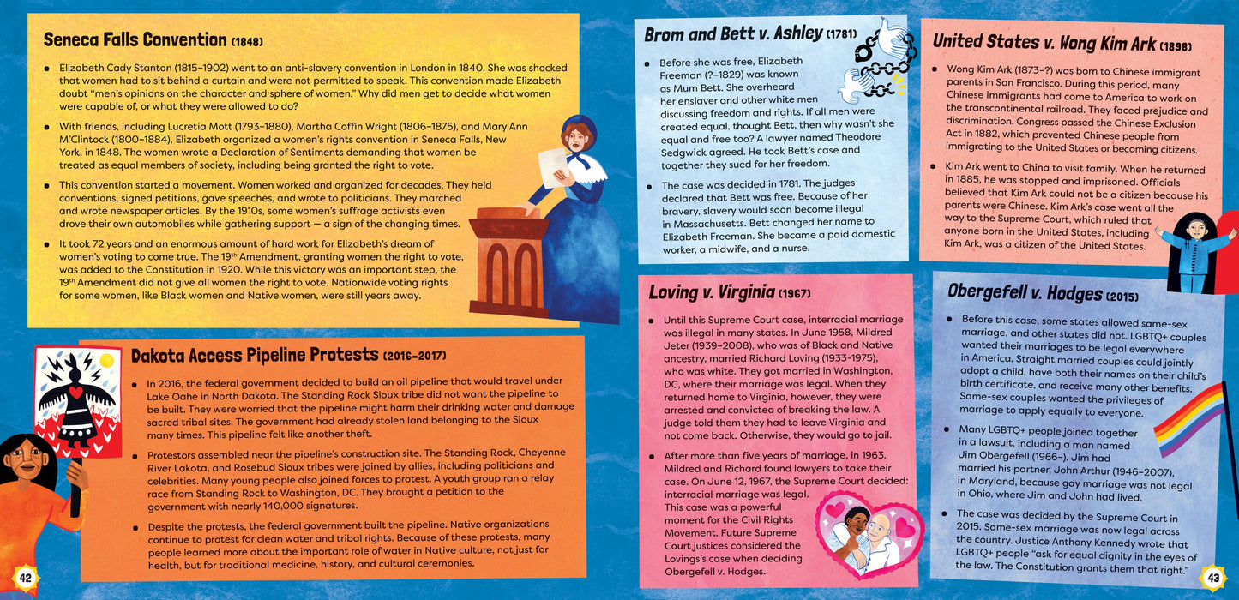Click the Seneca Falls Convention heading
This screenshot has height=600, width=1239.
(x=135, y=39)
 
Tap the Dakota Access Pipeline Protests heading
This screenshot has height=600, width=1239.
(x=254, y=354)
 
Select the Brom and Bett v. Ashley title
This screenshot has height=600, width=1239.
(x=732, y=34)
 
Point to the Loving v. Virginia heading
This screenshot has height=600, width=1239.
(x=712, y=292)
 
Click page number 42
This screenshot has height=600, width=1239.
(x=25, y=577)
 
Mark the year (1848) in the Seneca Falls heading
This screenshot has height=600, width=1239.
(x=246, y=41)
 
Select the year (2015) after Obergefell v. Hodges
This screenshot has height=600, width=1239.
(x=1122, y=296)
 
